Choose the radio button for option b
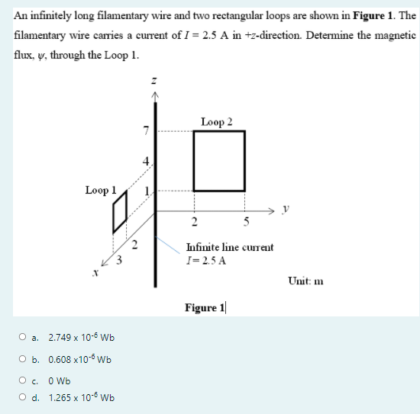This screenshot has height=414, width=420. coord(26,358)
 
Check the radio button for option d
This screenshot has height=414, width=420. coord(26,397)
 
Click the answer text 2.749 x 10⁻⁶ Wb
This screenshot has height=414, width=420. coord(81,337)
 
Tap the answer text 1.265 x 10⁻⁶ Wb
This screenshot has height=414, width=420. coord(81,397)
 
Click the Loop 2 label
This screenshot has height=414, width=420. coord(216,121)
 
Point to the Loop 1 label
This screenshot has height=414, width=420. coord(101,191)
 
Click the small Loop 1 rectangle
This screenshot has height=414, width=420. coord(119,218)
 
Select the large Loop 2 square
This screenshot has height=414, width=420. coord(219,161)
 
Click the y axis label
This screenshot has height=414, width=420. coord(285,209)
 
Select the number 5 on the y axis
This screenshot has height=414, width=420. coord(244,223)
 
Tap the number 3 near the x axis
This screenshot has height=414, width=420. coord(119,260)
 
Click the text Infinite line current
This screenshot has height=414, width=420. coord(229,247)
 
